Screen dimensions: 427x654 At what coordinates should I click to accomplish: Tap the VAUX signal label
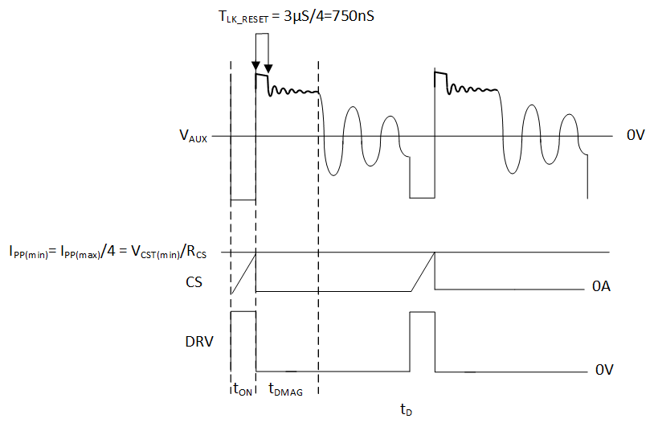[x=193, y=137]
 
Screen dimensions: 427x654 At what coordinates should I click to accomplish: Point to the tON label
[x=243, y=390]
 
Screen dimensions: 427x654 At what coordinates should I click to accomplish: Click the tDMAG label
[x=285, y=390]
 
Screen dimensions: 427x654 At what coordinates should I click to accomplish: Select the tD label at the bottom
[x=406, y=410]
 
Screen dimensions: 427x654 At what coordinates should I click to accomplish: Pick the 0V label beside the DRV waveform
[x=605, y=370]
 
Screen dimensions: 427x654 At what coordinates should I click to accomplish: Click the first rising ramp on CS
[x=243, y=273]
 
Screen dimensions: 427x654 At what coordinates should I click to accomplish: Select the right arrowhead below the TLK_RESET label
[x=268, y=68]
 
